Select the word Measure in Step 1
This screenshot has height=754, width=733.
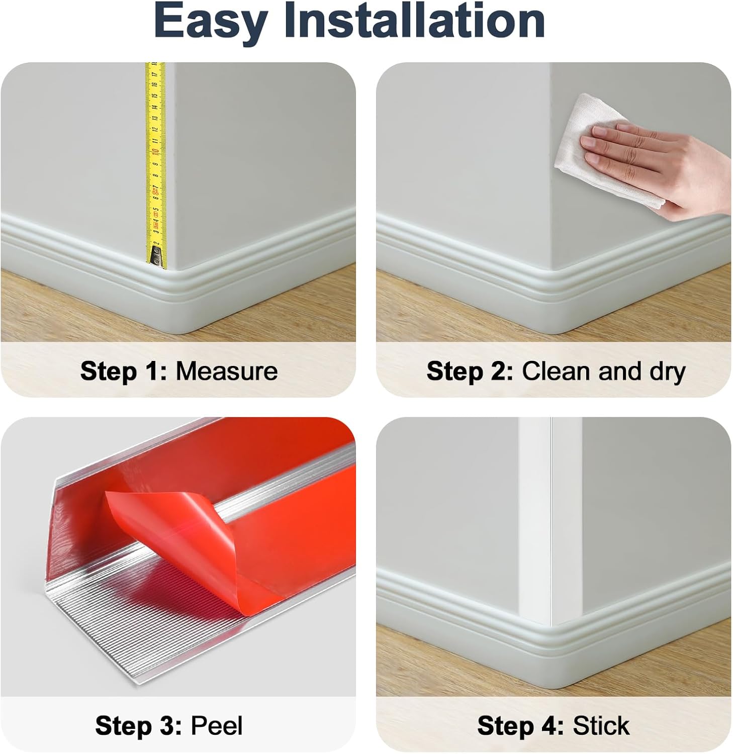click(227, 371)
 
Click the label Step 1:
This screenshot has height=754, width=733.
click(124, 371)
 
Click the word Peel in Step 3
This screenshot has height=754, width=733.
click(217, 726)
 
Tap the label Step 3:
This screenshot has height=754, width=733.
click(139, 726)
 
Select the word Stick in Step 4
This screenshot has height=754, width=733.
click(601, 726)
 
